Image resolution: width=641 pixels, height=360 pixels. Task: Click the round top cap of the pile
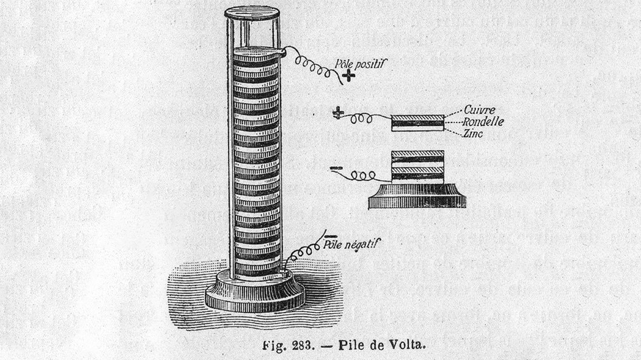coord(252,13)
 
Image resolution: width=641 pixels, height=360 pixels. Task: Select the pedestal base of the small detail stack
coord(418,197)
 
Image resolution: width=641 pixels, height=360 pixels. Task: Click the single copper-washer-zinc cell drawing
coord(418,123)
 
